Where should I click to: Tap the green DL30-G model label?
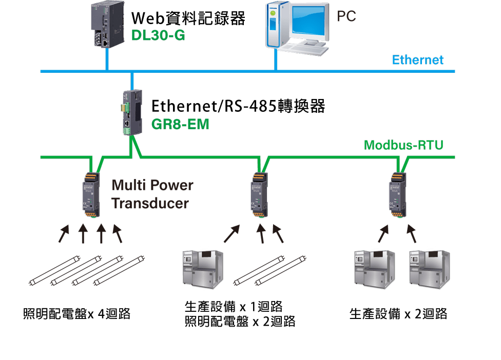point(158,36)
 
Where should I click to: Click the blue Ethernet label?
point(417,60)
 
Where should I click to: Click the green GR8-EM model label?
point(180,124)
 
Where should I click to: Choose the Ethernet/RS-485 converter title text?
point(238,106)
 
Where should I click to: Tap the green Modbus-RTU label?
point(403,145)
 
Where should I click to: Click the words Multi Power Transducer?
point(152,194)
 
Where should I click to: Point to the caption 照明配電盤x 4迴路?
point(76,313)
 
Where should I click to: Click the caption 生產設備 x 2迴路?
point(398,313)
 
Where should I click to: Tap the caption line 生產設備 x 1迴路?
point(234,307)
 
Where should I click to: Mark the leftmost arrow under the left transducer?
point(64,234)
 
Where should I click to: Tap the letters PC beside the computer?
point(346,16)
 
